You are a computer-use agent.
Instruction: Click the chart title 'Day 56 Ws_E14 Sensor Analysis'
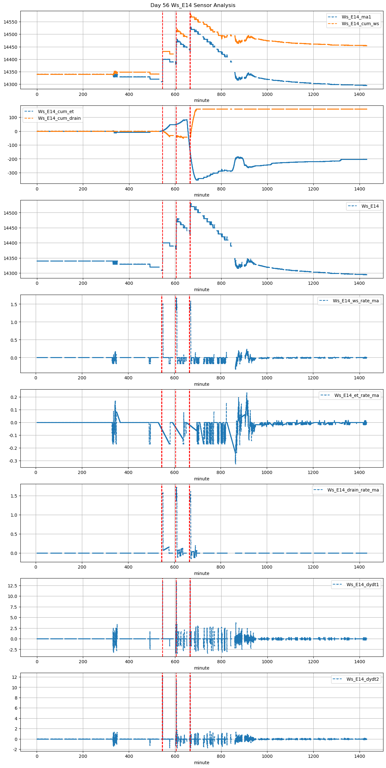193,5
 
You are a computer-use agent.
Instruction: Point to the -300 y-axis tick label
12,173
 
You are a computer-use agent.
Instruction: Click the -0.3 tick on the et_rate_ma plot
13,461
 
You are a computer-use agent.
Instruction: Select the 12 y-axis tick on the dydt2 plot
15,677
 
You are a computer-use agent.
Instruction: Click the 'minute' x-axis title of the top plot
202,100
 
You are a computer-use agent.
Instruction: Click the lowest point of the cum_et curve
197,180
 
